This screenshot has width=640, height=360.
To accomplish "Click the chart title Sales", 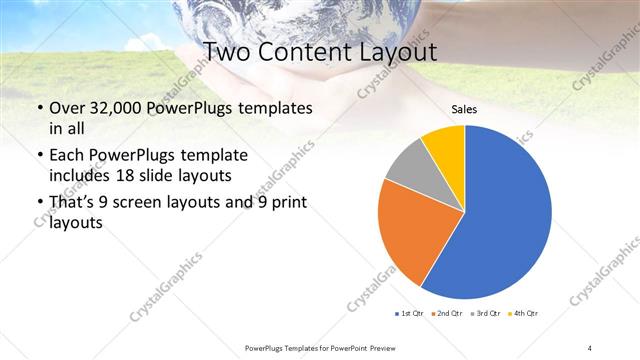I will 464,109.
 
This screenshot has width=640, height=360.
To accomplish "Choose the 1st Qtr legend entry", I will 412,314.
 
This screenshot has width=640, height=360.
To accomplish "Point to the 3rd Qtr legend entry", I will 487,314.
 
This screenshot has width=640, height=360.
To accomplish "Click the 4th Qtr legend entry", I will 525,314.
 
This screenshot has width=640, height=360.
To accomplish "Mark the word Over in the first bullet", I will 65,107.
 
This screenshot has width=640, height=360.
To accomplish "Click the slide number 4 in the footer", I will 590,347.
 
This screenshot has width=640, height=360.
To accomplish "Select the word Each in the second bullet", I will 65,156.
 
